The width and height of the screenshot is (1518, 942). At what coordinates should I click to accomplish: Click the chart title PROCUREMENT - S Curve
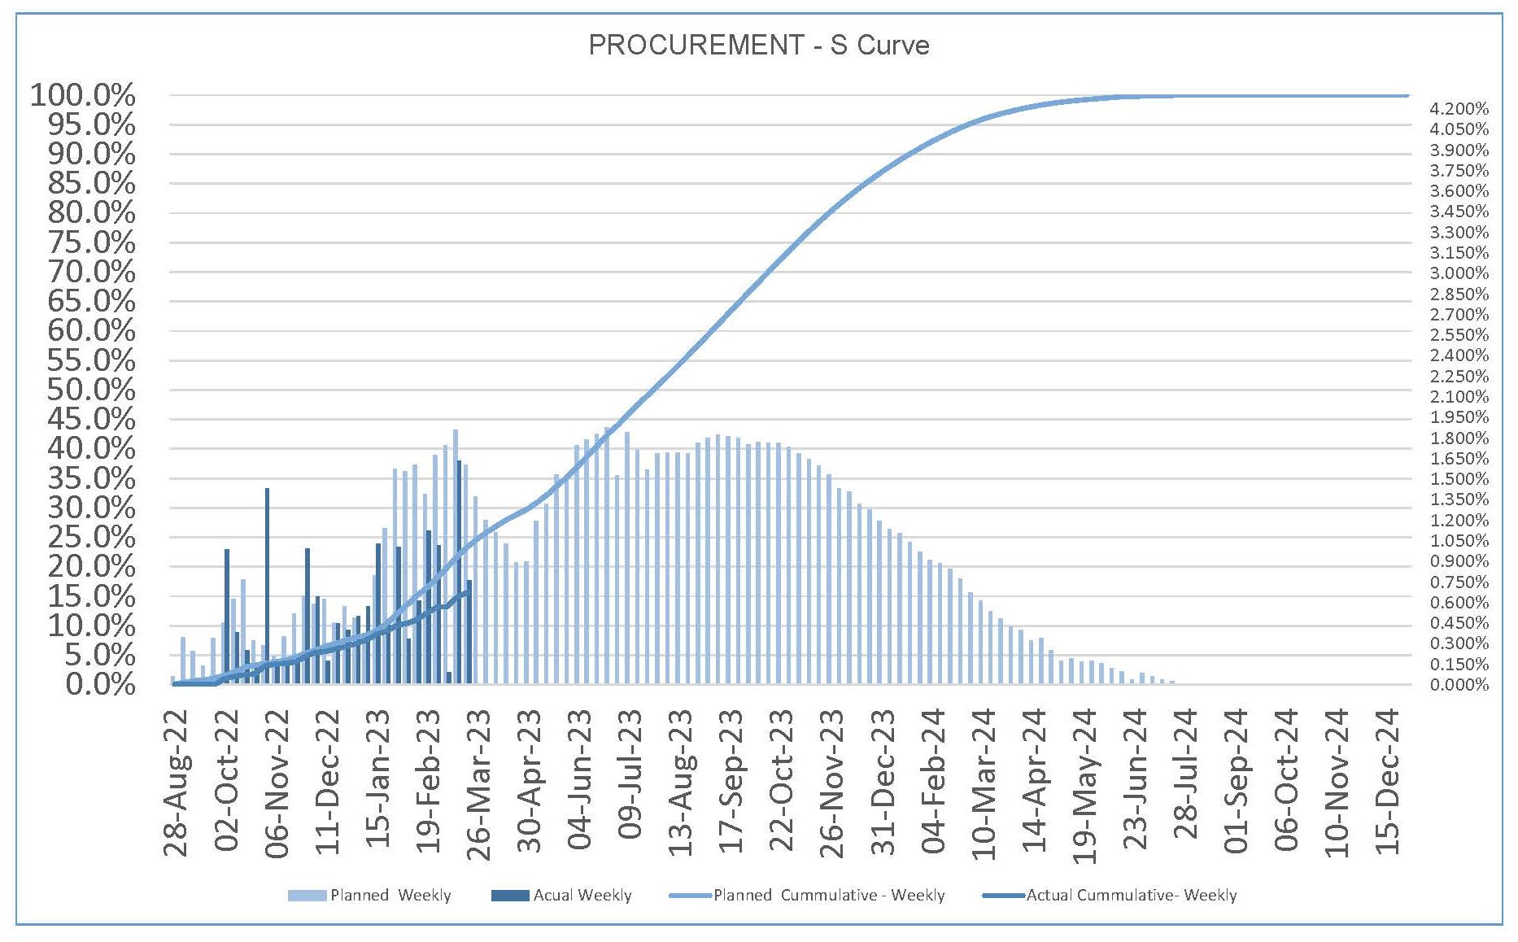click(758, 45)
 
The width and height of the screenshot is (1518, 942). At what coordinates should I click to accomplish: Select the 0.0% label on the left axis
click(101, 684)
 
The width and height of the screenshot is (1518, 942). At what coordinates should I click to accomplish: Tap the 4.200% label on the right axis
click(1459, 109)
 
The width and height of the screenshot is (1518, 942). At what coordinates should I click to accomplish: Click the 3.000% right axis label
click(1459, 273)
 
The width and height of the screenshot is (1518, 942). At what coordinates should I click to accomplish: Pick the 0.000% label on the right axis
click(1459, 685)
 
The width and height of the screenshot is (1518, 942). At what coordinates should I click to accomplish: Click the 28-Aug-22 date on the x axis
click(177, 783)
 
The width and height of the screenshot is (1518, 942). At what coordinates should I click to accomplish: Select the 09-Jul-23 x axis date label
click(630, 774)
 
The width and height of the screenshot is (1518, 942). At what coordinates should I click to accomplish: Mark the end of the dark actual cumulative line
click(469, 591)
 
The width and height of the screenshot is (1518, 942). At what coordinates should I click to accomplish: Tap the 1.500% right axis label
click(1459, 479)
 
